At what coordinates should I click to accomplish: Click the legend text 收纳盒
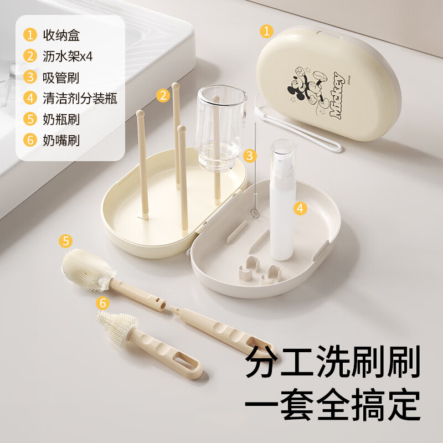(61, 36)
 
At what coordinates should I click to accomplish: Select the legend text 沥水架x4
(68, 56)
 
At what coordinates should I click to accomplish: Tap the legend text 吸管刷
(61, 78)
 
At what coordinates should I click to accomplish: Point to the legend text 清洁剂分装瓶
(80, 99)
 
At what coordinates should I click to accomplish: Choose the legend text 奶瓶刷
(61, 119)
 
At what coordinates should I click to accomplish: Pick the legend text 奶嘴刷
(61, 140)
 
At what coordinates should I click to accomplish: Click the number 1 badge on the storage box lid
(267, 31)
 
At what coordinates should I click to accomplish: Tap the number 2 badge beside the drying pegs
(163, 95)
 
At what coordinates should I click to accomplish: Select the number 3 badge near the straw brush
(251, 156)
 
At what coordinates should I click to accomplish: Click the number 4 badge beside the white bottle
(300, 208)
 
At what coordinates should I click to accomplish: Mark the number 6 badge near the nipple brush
(102, 303)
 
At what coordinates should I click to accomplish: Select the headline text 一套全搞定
(332, 406)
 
